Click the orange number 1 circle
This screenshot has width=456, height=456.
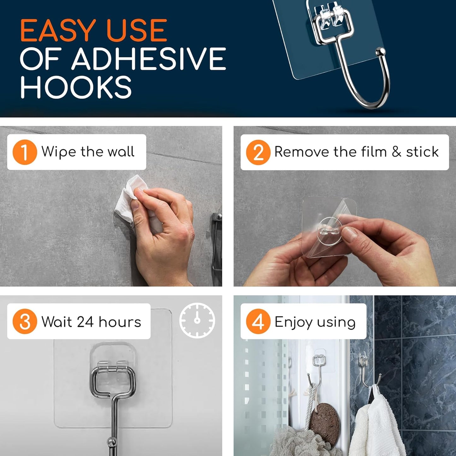tap(25, 152)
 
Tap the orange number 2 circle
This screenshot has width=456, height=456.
tap(258, 152)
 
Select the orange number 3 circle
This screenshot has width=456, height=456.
tap(25, 322)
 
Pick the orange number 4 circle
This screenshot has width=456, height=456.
tap(258, 322)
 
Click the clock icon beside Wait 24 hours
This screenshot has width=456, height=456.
tap(197, 320)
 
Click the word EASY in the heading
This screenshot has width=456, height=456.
tap(58, 31)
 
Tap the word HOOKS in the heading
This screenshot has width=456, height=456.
tap(76, 87)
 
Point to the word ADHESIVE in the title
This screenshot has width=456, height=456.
tap(148, 59)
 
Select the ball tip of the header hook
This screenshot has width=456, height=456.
tap(382, 51)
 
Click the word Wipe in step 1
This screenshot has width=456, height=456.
tap(59, 152)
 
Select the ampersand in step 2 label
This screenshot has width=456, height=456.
tap(396, 152)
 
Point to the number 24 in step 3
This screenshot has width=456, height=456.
tap(85, 322)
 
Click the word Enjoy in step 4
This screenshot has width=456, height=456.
tap(293, 323)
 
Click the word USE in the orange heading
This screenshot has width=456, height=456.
tap(136, 31)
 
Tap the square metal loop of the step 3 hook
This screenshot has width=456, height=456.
tap(113, 382)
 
